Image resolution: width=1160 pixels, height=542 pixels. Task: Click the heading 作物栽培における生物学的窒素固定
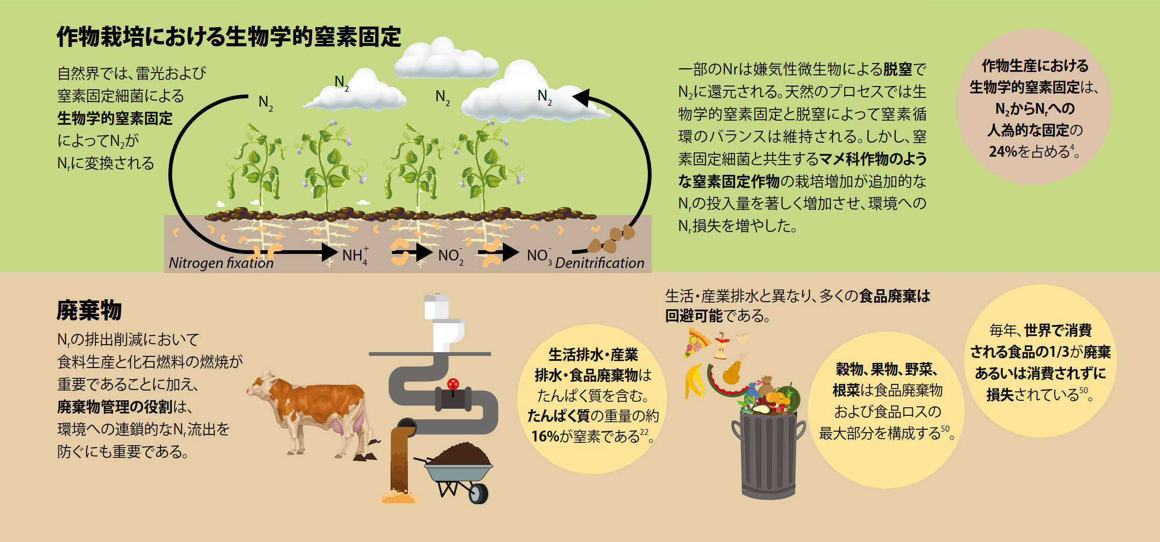tap(229, 37)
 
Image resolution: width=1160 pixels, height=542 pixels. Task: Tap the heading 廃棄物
tap(89, 311)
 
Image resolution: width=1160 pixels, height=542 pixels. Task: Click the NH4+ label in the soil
tap(355, 255)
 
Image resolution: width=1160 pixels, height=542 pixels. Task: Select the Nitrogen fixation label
tap(221, 263)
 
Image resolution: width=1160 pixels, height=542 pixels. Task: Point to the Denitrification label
tap(599, 263)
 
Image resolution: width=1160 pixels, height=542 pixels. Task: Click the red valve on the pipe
tap(453, 384)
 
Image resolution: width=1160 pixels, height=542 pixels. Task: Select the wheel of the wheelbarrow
tap(478, 493)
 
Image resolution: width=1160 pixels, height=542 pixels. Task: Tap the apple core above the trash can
tap(722, 347)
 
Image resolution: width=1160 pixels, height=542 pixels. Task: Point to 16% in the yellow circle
tap(545, 436)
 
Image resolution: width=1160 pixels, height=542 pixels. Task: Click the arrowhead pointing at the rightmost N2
tap(582, 97)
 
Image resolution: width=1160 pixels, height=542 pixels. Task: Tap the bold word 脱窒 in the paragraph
tap(897, 70)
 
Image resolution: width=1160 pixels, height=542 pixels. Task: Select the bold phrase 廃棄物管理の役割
tap(115, 407)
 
